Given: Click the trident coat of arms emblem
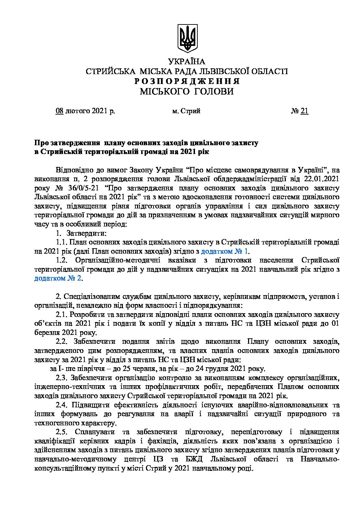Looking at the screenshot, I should pos(187,38).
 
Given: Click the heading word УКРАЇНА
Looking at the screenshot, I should pos(187,62).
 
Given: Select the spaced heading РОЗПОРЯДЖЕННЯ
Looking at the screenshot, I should pos(186,82).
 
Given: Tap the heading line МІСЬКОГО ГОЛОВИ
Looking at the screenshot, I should pos(187,91).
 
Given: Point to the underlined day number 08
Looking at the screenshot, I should pos(60,111).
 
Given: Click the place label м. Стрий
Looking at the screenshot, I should pos(186,111).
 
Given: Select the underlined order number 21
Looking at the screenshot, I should pos(305,111).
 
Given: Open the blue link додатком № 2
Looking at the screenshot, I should pos(58,278).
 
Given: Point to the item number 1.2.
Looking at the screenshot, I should pos(62,260).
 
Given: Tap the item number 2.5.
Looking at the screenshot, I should pos(62,432).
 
